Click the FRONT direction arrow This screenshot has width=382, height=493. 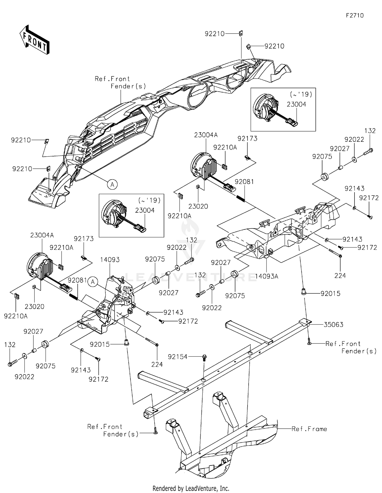[34, 40]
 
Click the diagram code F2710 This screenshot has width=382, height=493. [355, 16]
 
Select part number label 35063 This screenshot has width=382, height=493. [333, 325]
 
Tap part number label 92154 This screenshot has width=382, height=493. [178, 357]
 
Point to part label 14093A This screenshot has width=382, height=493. [267, 276]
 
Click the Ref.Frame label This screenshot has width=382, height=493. [309, 429]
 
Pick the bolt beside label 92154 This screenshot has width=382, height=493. [204, 358]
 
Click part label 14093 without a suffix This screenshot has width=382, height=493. [110, 260]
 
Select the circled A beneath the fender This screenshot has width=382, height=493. [112, 184]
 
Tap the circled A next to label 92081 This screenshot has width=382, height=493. [93, 282]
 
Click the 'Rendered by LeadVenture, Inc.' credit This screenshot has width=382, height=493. [191, 488]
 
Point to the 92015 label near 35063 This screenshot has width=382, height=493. [330, 294]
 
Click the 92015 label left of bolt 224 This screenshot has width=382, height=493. [100, 344]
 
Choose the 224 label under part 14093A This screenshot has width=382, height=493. [340, 275]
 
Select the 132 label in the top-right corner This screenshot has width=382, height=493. [370, 131]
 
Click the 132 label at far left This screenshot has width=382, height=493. [10, 345]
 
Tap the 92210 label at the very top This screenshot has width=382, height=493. [215, 34]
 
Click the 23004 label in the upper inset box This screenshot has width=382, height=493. [296, 104]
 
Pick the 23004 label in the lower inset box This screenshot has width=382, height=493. [145, 210]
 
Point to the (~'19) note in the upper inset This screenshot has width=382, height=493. [301, 94]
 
